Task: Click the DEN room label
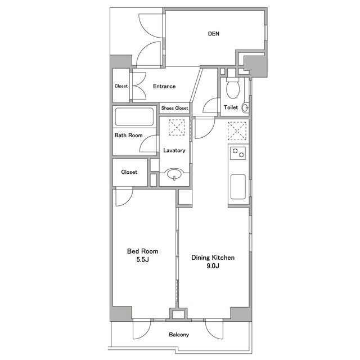(214, 34)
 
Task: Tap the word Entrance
(164, 86)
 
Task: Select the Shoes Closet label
(174, 108)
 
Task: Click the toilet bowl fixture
(233, 89)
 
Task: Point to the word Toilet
(231, 107)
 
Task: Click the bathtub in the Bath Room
(134, 116)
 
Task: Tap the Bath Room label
(129, 135)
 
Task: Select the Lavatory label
(174, 150)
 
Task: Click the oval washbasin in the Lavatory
(175, 174)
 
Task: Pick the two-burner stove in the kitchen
(238, 153)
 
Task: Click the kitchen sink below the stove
(238, 187)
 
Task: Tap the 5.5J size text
(142, 260)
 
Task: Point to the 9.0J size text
(213, 266)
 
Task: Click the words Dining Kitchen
(213, 258)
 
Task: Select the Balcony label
(179, 335)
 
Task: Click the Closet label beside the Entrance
(121, 86)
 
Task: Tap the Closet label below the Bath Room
(129, 172)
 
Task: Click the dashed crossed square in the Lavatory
(177, 128)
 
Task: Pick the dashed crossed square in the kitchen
(237, 131)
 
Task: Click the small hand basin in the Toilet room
(246, 107)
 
